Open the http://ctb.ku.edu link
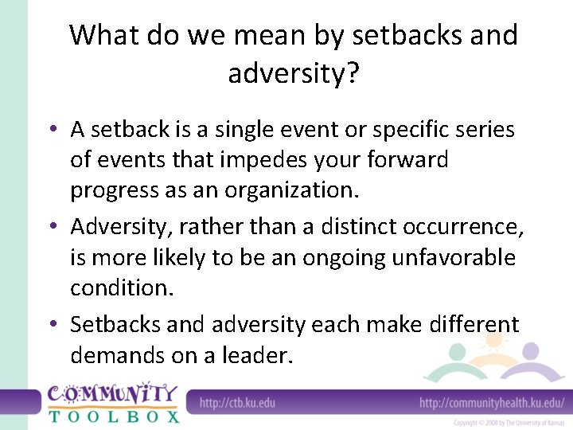(x=237, y=402)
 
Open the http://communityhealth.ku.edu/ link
(x=492, y=402)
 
